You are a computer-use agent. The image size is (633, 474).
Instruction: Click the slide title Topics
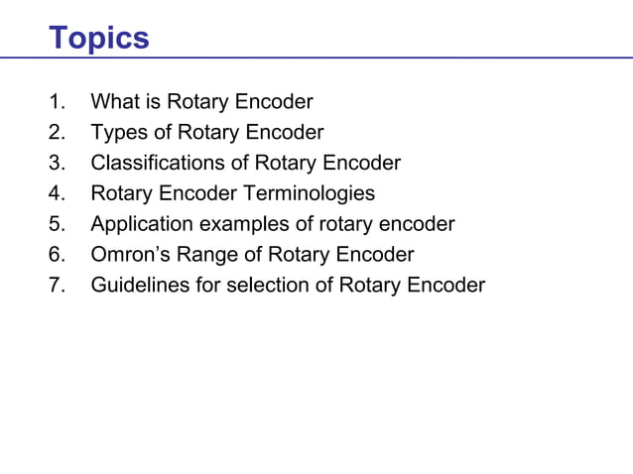99,38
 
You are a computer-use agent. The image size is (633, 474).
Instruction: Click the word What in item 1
113,101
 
